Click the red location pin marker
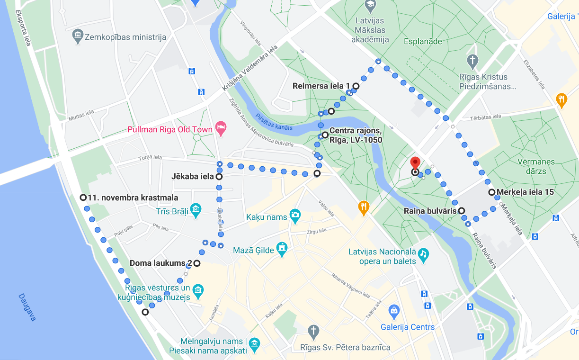point(415,163)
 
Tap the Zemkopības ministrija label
point(125,36)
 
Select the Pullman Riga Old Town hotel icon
point(220,127)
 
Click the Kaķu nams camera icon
point(295,215)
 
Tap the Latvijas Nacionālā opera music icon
point(423,254)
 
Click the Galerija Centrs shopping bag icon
point(393,311)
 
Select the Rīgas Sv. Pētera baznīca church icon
point(313,331)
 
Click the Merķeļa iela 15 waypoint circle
point(492,192)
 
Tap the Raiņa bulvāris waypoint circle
point(461,211)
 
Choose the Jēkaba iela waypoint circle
point(219,177)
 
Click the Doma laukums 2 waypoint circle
point(196,263)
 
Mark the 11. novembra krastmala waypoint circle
point(83,198)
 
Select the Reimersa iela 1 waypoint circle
point(356,86)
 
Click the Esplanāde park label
point(423,42)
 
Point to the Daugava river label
point(27,307)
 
